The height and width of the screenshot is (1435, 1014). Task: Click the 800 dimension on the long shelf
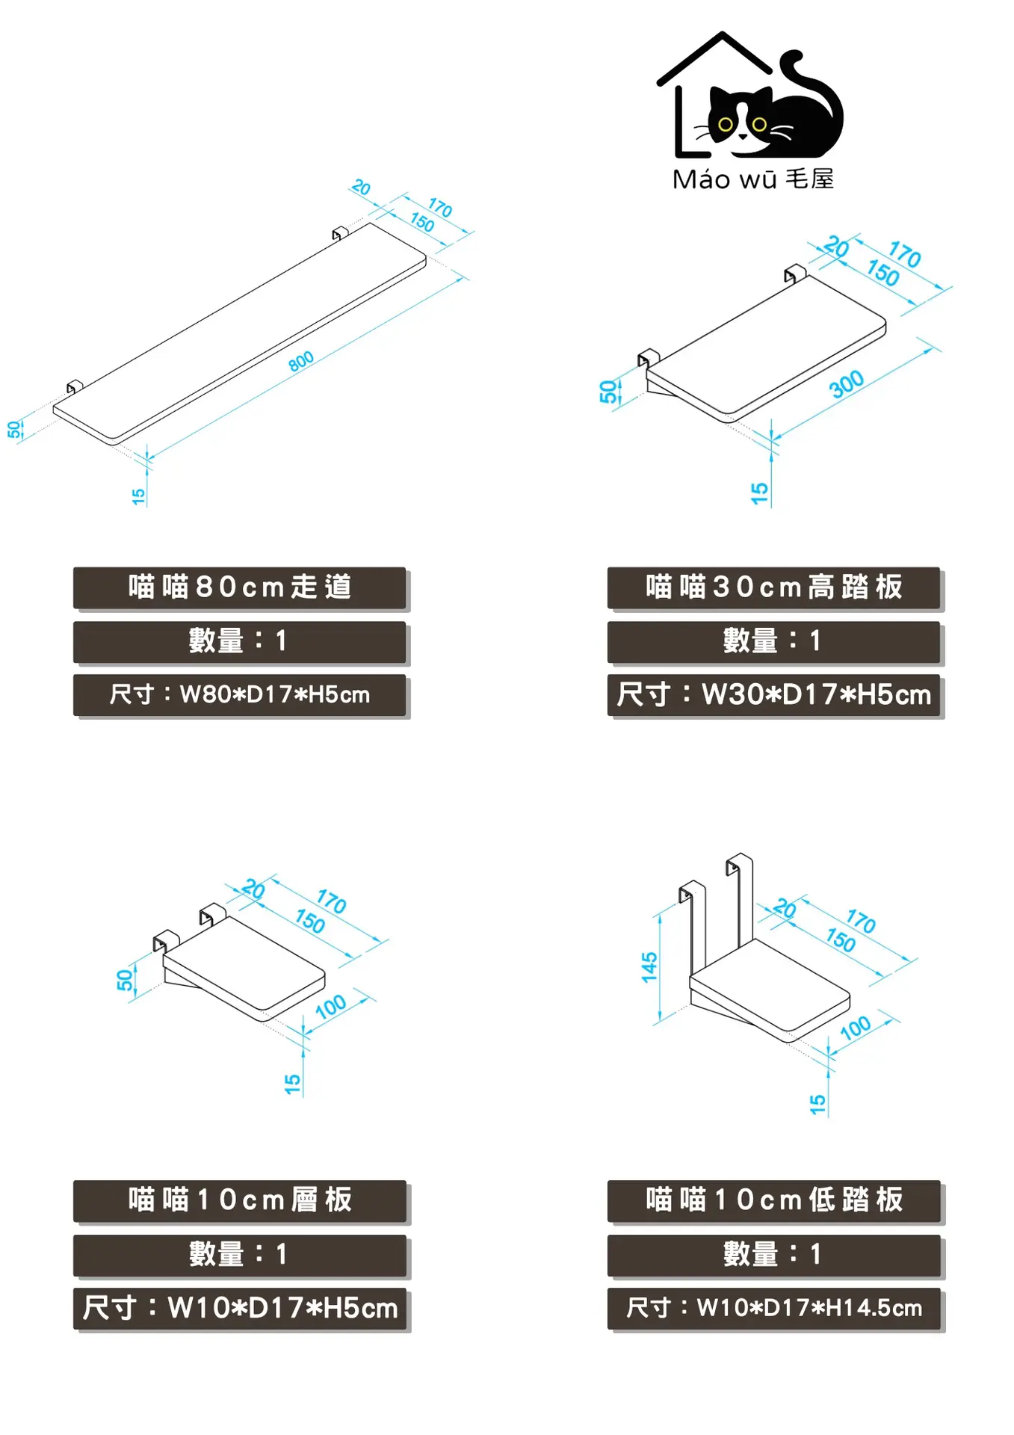point(301,362)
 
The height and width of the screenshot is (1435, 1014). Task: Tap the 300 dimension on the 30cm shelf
point(847,384)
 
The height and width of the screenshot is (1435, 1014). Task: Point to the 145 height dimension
point(649,967)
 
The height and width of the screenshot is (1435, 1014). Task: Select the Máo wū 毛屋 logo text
point(753,179)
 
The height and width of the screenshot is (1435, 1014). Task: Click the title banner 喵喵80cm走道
point(239,587)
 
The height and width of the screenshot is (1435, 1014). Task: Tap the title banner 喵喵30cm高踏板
point(773,587)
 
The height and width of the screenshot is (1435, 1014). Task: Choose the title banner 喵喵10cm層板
point(239,1200)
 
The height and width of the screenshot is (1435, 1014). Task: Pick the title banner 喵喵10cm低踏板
point(773,1200)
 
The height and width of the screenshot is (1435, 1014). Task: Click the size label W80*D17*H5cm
point(239,695)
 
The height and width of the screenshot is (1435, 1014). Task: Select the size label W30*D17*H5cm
point(773,695)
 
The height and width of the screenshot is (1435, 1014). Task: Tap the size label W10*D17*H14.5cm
point(773,1308)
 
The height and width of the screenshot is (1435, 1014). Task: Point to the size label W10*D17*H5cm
point(239,1308)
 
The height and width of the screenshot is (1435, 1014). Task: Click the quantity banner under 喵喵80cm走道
point(239,641)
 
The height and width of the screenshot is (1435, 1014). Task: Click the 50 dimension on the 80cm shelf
point(14,430)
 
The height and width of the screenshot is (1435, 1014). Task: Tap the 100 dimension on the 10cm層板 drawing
point(331,1007)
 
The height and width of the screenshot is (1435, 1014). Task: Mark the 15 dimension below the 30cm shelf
point(759,493)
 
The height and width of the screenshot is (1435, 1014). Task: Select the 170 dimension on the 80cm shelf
point(440,208)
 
